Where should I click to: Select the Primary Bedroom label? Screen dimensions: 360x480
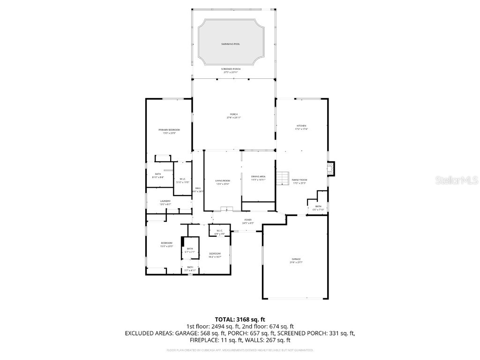[169, 130]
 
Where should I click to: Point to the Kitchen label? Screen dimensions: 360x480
[301, 126]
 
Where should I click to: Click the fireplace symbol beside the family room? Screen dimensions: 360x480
[331, 169]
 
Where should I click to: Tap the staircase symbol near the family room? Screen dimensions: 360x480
[282, 178]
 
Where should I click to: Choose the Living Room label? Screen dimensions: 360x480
[223, 180]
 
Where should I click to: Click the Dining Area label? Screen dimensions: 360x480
[258, 176]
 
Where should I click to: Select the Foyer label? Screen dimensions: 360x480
[248, 219]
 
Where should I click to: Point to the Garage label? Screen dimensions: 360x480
[296, 259]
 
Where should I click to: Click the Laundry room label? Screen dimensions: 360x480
[165, 201]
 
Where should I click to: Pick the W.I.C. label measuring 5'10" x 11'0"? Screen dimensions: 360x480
[183, 179]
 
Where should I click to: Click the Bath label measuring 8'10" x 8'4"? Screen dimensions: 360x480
[158, 174]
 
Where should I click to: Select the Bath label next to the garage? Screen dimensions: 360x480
[318, 206]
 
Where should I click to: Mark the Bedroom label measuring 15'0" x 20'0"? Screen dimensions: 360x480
[167, 243]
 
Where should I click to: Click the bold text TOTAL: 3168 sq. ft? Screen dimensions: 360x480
[240, 319]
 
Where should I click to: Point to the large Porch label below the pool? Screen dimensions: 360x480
[233, 114]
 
